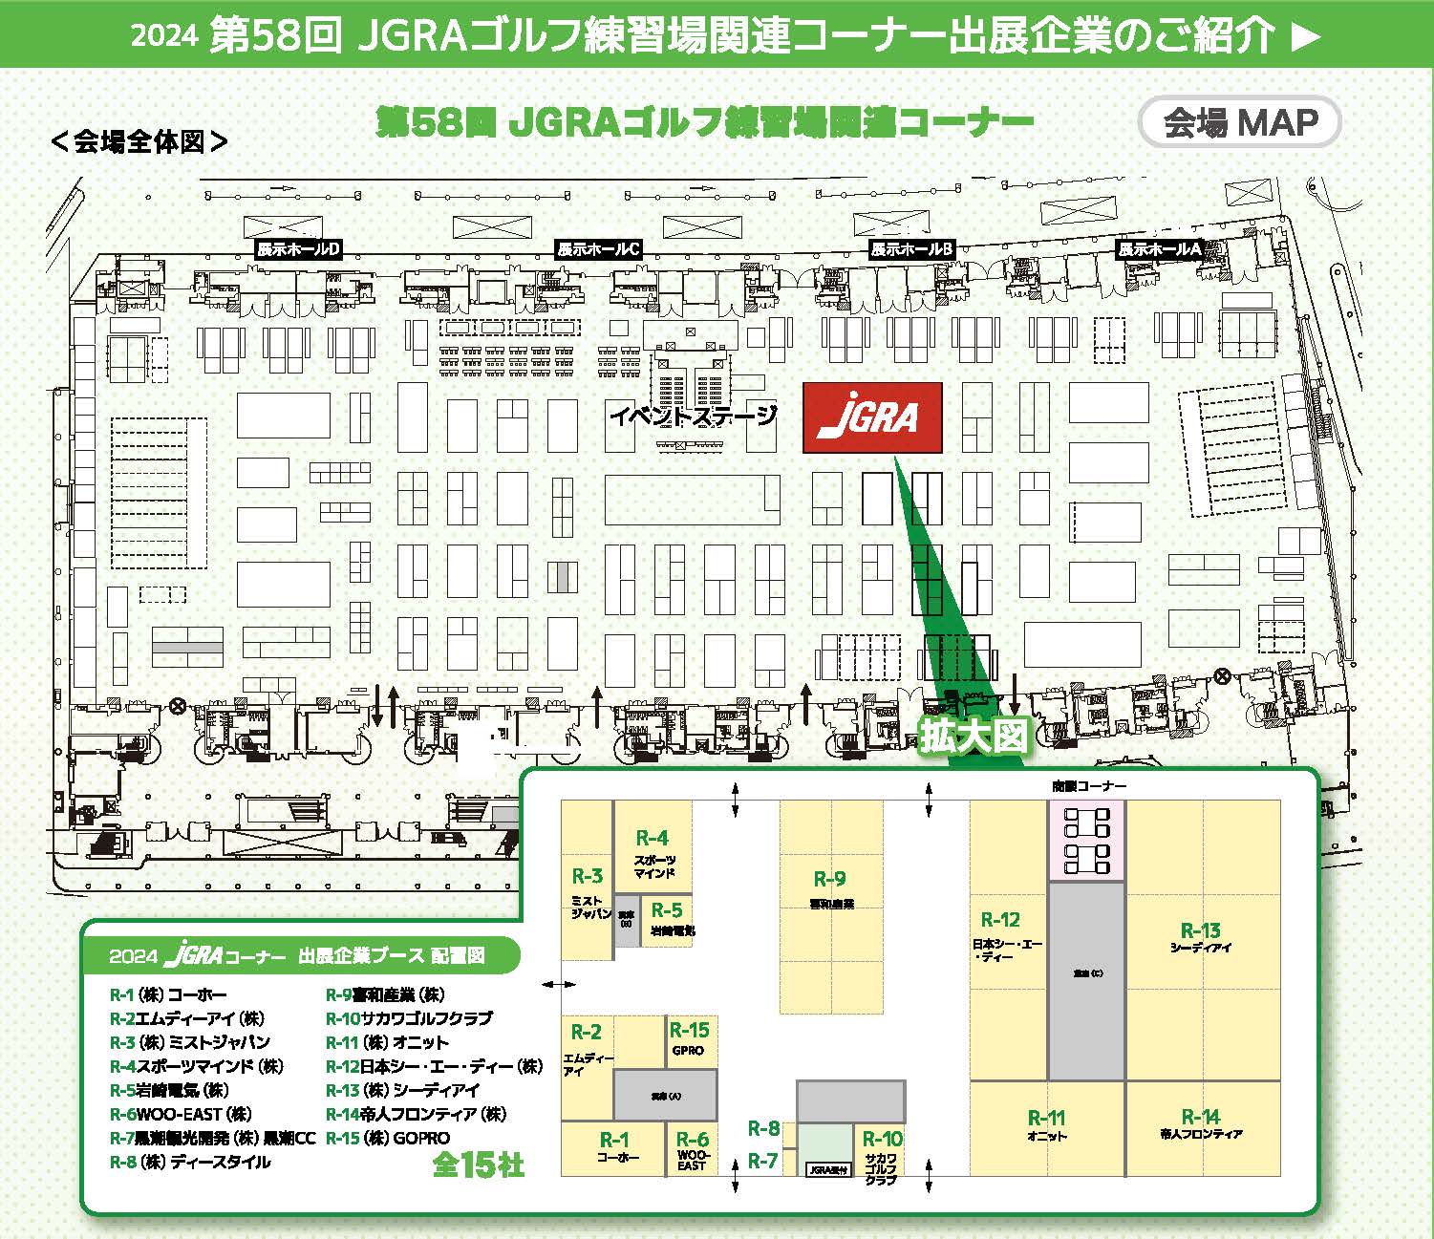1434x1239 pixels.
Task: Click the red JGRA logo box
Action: [x=872, y=417]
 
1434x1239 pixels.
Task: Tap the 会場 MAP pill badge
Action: [x=1240, y=122]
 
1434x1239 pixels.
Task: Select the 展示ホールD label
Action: [x=298, y=249]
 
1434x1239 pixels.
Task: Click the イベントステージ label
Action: [x=693, y=417]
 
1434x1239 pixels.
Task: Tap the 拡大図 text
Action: [x=974, y=735]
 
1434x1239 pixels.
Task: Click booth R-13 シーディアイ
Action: [x=1201, y=939]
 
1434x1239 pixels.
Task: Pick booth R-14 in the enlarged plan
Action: [x=1201, y=1125]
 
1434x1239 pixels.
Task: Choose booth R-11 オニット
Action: [x=1046, y=1125]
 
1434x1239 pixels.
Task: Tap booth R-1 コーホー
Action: [x=614, y=1147]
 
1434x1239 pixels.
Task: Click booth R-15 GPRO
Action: [x=689, y=1038]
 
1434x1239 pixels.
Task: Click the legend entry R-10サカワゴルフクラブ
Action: [x=409, y=1018]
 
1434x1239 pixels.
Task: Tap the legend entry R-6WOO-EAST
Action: [x=181, y=1114]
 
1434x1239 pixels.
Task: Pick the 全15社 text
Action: [x=478, y=1164]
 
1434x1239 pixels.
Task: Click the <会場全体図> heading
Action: [x=139, y=141]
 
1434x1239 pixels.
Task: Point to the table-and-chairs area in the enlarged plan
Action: [x=1086, y=840]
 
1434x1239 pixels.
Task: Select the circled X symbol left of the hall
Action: [x=177, y=707]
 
